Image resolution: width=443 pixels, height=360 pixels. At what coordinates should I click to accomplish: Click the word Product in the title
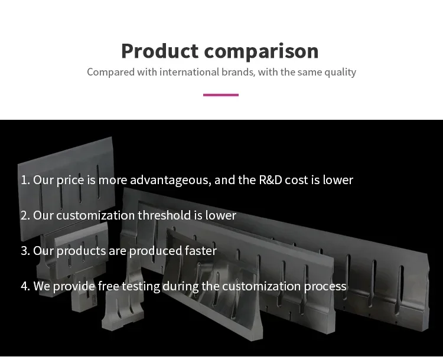[x=160, y=51]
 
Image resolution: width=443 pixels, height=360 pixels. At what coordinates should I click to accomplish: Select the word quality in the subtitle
[x=340, y=73]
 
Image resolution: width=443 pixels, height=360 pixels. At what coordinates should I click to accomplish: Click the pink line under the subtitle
[x=221, y=95]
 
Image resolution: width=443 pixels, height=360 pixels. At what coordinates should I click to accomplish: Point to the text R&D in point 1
[x=271, y=180]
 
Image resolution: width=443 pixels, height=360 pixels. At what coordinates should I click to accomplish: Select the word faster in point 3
[x=201, y=251]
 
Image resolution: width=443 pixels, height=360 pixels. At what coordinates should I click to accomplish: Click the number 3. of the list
[x=25, y=251]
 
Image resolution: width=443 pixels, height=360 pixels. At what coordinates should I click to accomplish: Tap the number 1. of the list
[x=25, y=180]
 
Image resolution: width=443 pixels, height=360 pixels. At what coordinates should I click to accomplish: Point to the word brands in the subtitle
[x=238, y=72]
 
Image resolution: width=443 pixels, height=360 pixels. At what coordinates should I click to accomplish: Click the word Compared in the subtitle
[x=111, y=73]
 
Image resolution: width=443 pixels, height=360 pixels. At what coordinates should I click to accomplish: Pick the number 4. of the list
[x=25, y=286]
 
